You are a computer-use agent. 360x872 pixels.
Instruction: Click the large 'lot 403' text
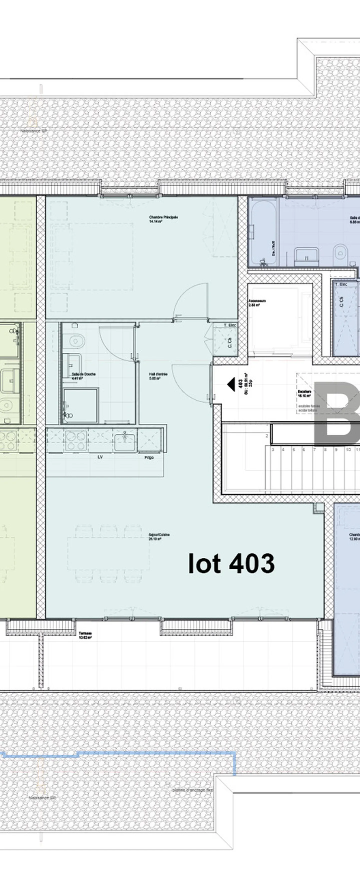[231, 563]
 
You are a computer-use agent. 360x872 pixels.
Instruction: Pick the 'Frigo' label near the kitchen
[149, 457]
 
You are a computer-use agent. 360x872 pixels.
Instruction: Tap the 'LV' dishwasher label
[100, 457]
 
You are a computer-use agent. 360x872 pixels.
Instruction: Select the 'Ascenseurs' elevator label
[257, 302]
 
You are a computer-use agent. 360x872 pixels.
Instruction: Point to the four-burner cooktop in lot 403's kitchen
[76, 440]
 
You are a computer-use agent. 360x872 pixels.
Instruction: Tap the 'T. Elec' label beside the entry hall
[229, 325]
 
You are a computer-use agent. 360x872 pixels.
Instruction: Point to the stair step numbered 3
[273, 450]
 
